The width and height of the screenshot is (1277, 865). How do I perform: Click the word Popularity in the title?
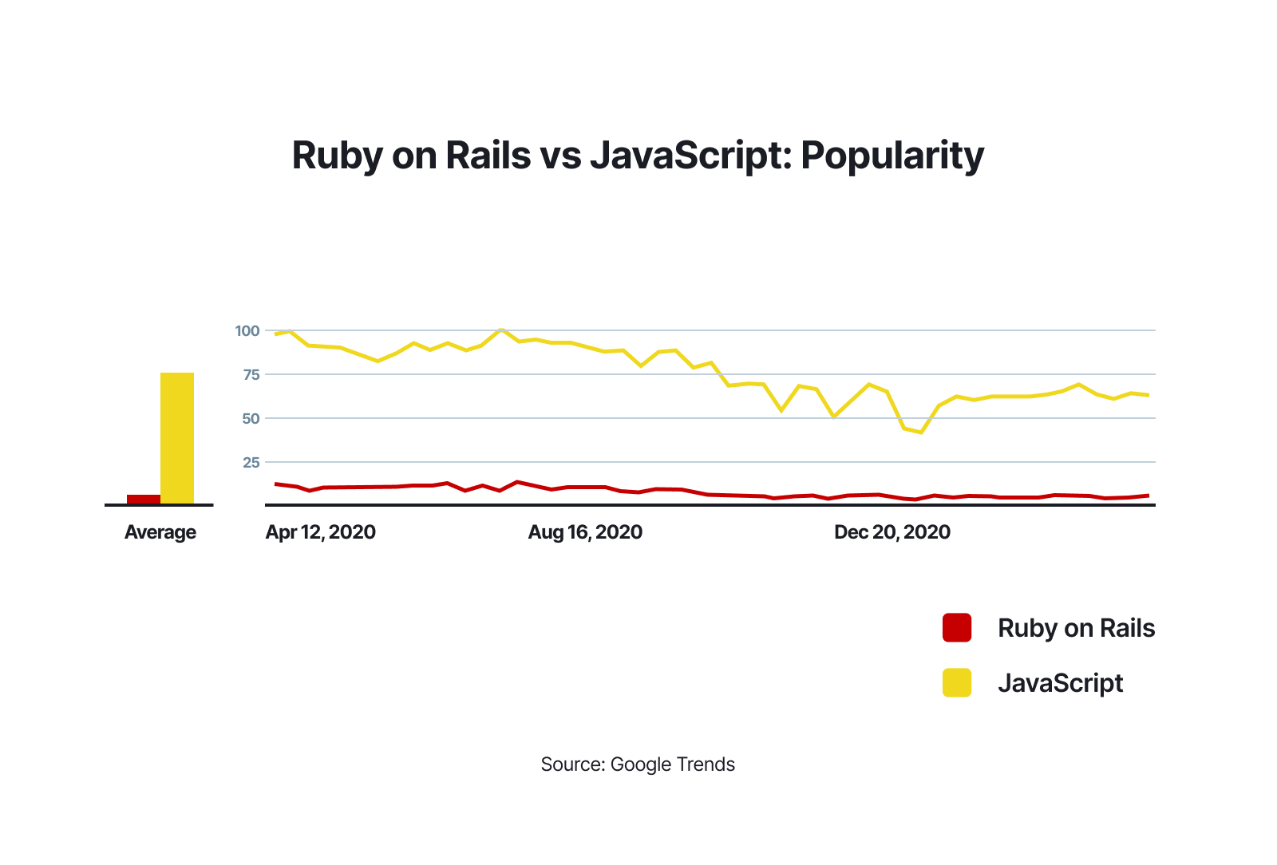click(892, 156)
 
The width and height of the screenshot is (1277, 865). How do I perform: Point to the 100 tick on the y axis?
click(247, 330)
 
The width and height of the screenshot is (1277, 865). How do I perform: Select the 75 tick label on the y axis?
click(251, 374)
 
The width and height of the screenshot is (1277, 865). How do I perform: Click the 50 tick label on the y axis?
click(251, 418)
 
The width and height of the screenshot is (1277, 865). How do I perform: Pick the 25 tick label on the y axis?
click(251, 462)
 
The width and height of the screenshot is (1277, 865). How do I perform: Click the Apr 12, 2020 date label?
click(320, 532)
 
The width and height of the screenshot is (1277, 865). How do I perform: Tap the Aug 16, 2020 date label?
click(585, 532)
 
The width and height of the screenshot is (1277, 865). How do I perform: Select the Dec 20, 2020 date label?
click(892, 532)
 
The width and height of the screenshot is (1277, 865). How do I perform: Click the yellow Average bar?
click(177, 438)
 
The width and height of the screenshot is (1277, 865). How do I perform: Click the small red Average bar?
click(144, 500)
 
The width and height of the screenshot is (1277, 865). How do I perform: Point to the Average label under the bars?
click(160, 532)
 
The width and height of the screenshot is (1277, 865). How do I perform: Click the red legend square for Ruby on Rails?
click(957, 628)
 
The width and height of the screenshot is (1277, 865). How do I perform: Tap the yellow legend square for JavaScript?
click(957, 682)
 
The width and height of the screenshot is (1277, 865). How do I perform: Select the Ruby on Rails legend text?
click(1076, 628)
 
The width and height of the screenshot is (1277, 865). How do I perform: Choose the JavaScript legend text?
click(1060, 683)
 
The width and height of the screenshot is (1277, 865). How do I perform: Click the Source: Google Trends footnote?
click(638, 764)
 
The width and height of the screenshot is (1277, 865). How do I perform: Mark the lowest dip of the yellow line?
click(921, 432)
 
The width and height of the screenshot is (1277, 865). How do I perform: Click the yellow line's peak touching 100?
click(500, 330)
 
